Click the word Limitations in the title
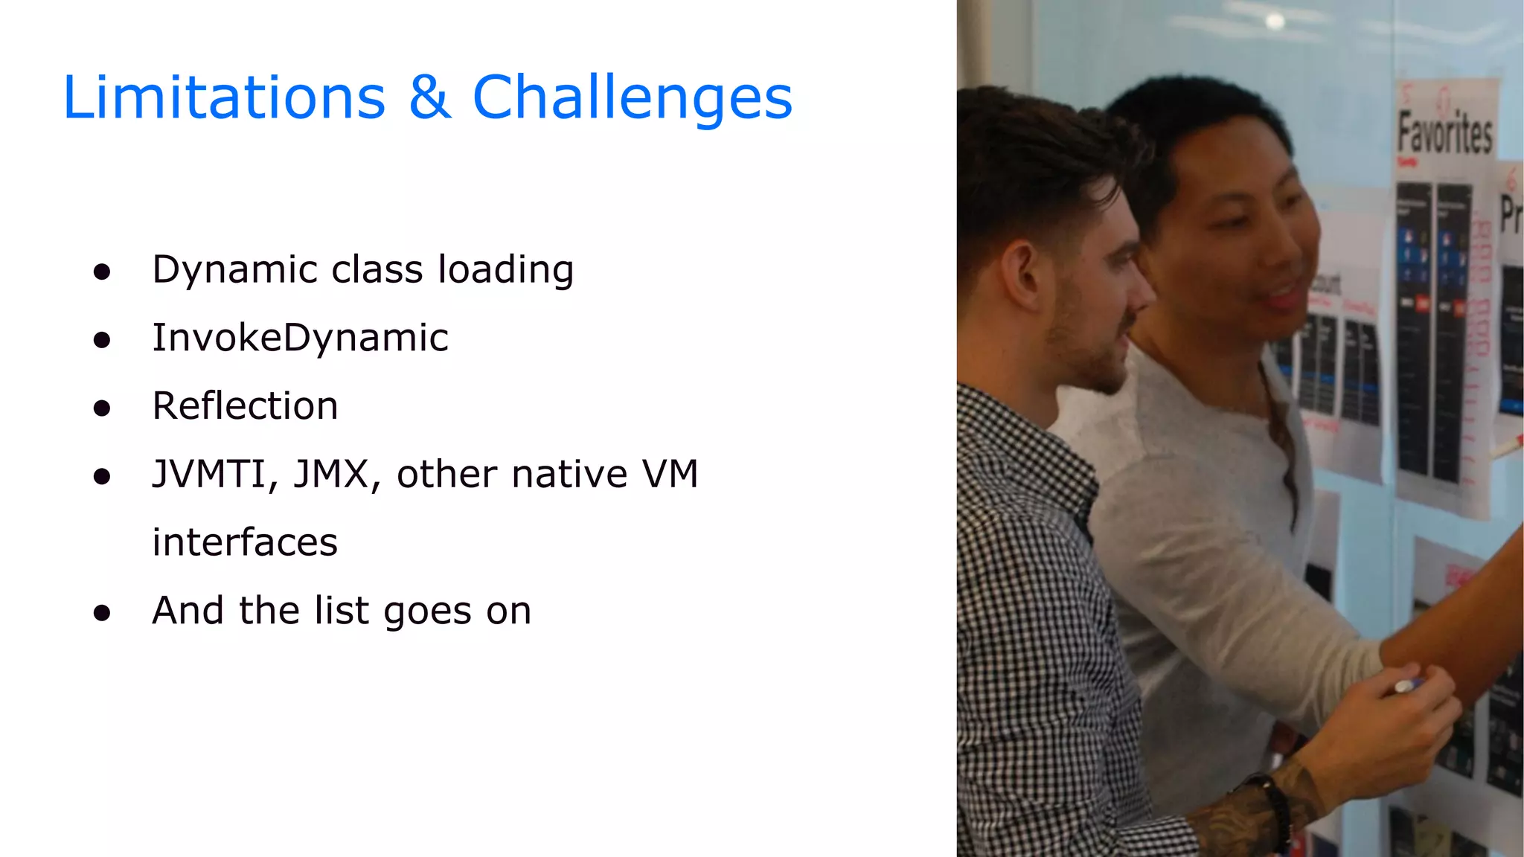[224, 97]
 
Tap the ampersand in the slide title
[429, 97]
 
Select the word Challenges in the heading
[633, 99]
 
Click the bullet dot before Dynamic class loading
[102, 272]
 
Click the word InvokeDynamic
[300, 338]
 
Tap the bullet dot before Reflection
[102, 408]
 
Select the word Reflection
[245, 406]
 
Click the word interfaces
[245, 542]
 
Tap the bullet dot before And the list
[102, 613]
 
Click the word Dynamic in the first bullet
[235, 270]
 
